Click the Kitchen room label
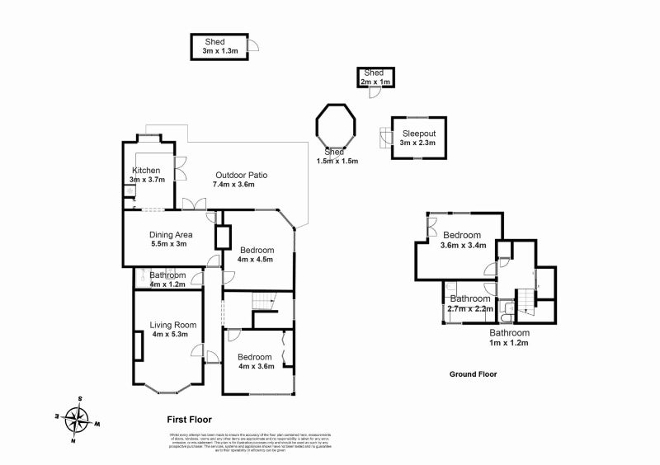(145, 170)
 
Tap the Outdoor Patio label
(241, 175)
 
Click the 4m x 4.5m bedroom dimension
(255, 260)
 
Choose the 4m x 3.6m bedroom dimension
(255, 367)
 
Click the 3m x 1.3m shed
(219, 46)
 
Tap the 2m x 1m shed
(374, 77)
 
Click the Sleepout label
(418, 134)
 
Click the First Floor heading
(190, 418)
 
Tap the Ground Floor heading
(472, 373)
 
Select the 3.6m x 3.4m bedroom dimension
(463, 245)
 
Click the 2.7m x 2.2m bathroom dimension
(470, 309)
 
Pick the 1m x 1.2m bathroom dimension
(509, 342)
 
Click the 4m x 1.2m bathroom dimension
(167, 284)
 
